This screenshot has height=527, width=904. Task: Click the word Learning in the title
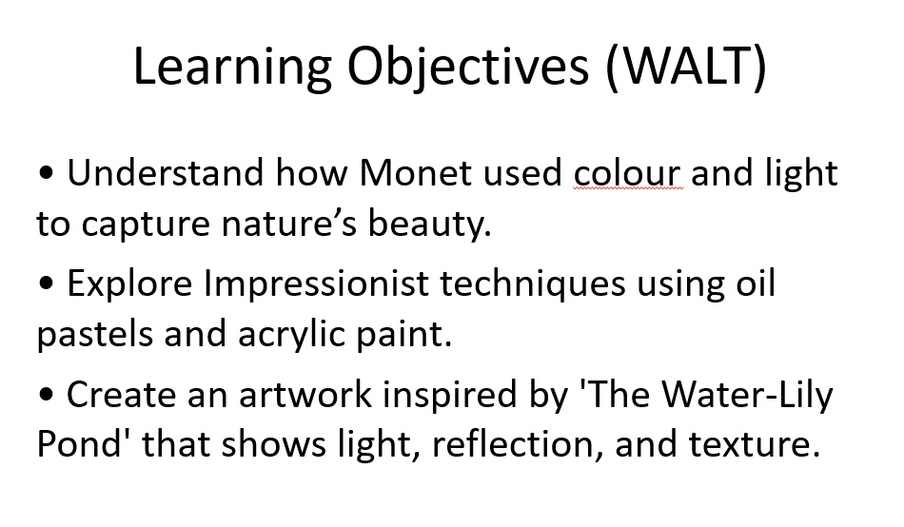point(232,67)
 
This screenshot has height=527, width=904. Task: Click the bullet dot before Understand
point(46,172)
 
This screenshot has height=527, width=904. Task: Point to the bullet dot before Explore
point(46,283)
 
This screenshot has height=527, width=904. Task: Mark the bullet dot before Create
point(46,395)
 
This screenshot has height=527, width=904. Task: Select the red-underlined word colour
point(627,173)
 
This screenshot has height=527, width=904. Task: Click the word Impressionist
point(316,283)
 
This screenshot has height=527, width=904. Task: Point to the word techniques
point(533,284)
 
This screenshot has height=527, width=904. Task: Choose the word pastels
point(94,334)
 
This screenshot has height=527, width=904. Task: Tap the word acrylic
point(290,335)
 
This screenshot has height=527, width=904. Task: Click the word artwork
point(305,395)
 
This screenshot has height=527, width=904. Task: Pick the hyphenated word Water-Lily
point(747,396)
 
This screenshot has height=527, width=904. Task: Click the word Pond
point(78,444)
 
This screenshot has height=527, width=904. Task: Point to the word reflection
point(513,445)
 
